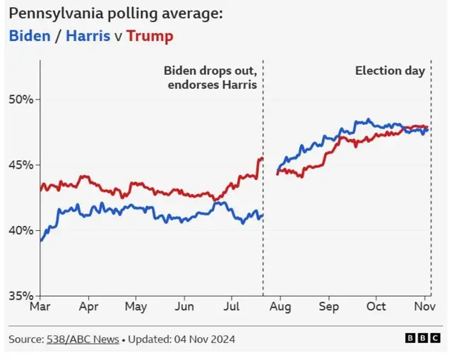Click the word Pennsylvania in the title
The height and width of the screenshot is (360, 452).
coord(54,14)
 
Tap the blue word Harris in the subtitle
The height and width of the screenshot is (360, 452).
coord(88,35)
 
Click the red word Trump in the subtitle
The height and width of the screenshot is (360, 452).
coord(149,35)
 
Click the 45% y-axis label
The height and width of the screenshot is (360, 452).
coord(21,165)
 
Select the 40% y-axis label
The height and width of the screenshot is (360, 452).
coord(21,231)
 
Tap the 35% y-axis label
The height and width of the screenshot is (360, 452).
coord(21,296)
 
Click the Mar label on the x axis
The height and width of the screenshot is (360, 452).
coord(40,307)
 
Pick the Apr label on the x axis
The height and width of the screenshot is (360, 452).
coord(88,307)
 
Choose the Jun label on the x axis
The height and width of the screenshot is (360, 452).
coord(184,307)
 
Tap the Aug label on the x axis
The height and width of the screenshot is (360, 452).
coord(280,307)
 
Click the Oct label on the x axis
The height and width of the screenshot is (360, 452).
coord(376,307)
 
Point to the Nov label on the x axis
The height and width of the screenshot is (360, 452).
coord(424,307)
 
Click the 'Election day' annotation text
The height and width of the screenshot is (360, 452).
coord(390,71)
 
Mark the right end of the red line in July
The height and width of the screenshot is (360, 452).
coord(261,159)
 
